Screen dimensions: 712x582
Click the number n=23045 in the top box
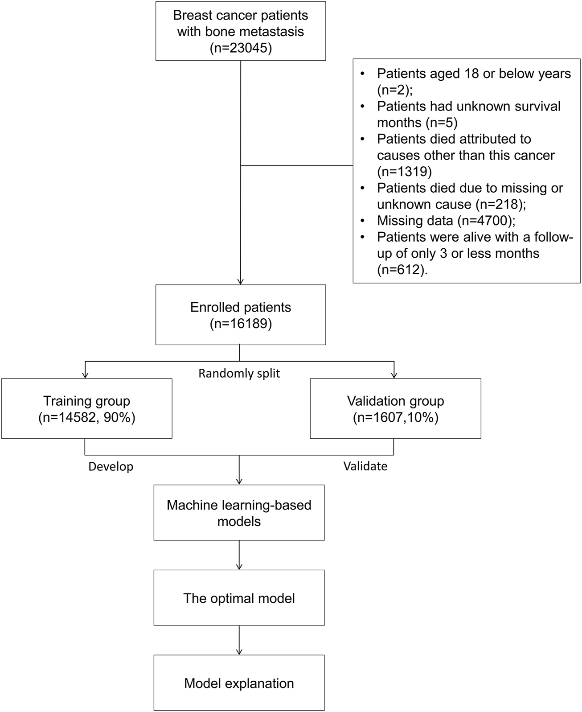coord(241,48)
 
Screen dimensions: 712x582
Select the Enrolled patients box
coord(241,315)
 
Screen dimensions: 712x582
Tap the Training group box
coord(86,408)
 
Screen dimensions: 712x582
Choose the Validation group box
coord(395,408)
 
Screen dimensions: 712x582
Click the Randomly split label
coord(239,373)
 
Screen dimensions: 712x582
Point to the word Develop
coord(111,467)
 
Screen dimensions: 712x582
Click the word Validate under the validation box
coord(365,466)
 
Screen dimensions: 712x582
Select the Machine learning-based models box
coord(239,513)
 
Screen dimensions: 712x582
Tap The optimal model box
coord(239,598)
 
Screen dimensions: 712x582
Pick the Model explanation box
coord(239,683)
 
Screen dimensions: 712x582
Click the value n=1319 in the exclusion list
coord(404,172)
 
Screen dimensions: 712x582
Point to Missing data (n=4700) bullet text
coord(446,221)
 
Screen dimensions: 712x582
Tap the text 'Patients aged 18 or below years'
coord(474,74)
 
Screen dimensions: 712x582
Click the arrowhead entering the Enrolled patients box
coord(241,281)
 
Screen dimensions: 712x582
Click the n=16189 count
coord(241,324)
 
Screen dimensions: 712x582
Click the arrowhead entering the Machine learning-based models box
coord(239,481)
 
